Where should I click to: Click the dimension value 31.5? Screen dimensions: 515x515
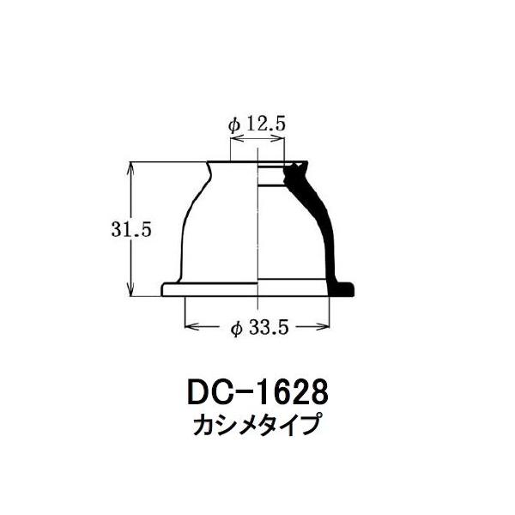[131, 229]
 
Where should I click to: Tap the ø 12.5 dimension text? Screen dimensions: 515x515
[257, 124]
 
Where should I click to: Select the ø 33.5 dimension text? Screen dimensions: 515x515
[259, 328]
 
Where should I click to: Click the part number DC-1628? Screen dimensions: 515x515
[257, 392]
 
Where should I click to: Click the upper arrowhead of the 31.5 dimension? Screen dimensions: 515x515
[131, 168]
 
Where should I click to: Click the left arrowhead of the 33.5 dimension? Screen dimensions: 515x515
[192, 327]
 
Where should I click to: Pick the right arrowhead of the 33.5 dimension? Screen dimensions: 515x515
[322, 327]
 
